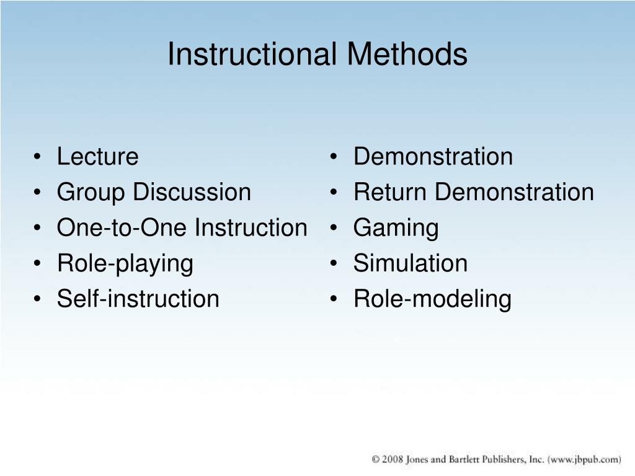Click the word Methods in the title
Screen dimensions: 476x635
pos(407,55)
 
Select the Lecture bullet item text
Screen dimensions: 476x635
pos(97,157)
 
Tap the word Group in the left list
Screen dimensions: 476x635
pos(92,193)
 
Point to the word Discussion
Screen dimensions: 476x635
pos(192,193)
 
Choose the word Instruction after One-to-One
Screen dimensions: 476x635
pos(251,228)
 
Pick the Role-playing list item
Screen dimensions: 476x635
pos(125,264)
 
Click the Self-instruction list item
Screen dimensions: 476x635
pos(138,299)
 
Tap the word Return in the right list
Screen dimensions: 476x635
pos(391,193)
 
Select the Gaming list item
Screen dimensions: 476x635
pos(396,229)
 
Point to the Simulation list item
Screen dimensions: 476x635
pos(410,264)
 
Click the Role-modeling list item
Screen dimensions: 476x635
pos(432,299)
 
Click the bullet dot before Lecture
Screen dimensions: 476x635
pos(40,157)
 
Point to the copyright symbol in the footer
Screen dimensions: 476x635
pos(376,459)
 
